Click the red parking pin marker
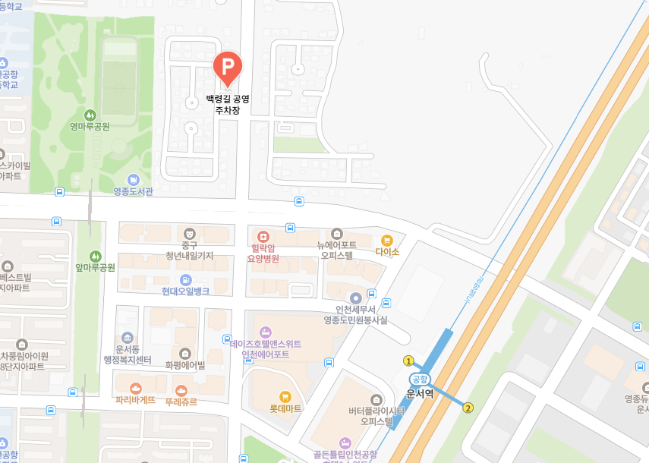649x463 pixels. click(x=227, y=68)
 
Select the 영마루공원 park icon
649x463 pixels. click(x=90, y=115)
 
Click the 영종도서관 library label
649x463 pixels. click(x=133, y=191)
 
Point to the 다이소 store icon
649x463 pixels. click(x=386, y=240)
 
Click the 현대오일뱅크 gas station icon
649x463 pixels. click(x=185, y=279)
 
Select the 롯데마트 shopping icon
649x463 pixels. click(x=285, y=395)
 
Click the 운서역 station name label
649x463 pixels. click(x=420, y=393)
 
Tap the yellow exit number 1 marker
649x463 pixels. click(x=408, y=361)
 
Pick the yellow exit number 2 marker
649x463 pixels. click(x=468, y=408)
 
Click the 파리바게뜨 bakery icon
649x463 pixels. click(x=135, y=389)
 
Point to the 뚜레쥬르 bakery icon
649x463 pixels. click(x=181, y=389)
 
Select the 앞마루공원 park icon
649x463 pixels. click(x=95, y=256)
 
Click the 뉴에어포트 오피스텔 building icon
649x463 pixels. click(x=337, y=233)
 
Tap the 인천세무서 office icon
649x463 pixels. click(x=355, y=298)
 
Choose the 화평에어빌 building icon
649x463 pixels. click(x=185, y=353)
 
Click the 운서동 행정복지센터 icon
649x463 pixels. click(x=127, y=338)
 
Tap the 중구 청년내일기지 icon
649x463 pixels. click(x=189, y=232)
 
